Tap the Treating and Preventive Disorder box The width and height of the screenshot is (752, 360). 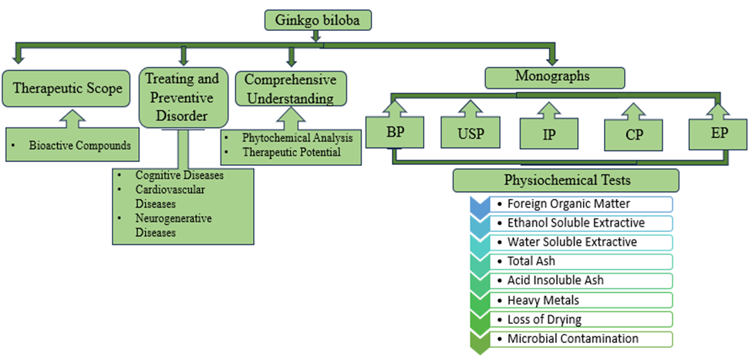pyautogui.click(x=182, y=98)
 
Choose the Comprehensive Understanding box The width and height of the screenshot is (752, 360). pyautogui.click(x=291, y=89)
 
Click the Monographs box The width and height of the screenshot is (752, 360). pyautogui.click(x=554, y=77)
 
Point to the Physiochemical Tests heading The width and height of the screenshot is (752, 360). pyautogui.click(x=565, y=180)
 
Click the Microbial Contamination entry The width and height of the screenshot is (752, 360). pyautogui.click(x=572, y=338)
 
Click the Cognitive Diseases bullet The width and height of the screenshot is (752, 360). pyautogui.click(x=179, y=175)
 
